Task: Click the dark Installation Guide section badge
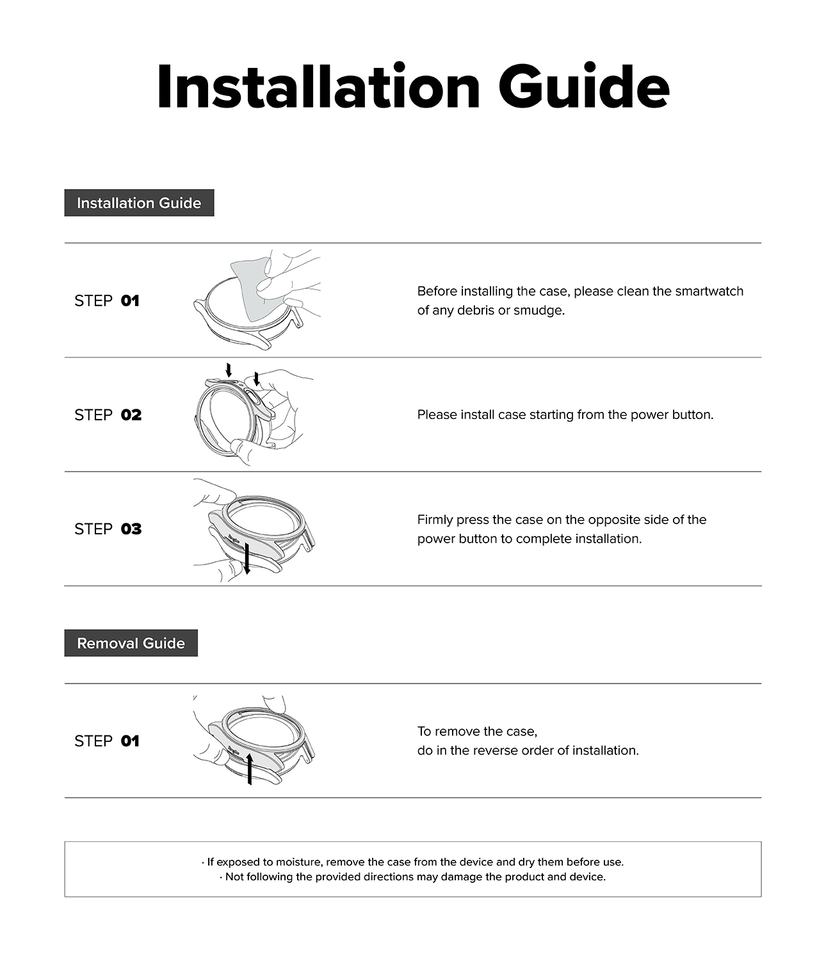139,203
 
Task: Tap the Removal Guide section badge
131,643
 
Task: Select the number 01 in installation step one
130,300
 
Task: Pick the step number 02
131,415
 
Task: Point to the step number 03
131,529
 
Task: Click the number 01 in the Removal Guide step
130,741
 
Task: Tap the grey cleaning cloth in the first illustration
253,285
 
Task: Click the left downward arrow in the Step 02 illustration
229,370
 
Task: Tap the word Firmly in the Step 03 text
435,520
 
